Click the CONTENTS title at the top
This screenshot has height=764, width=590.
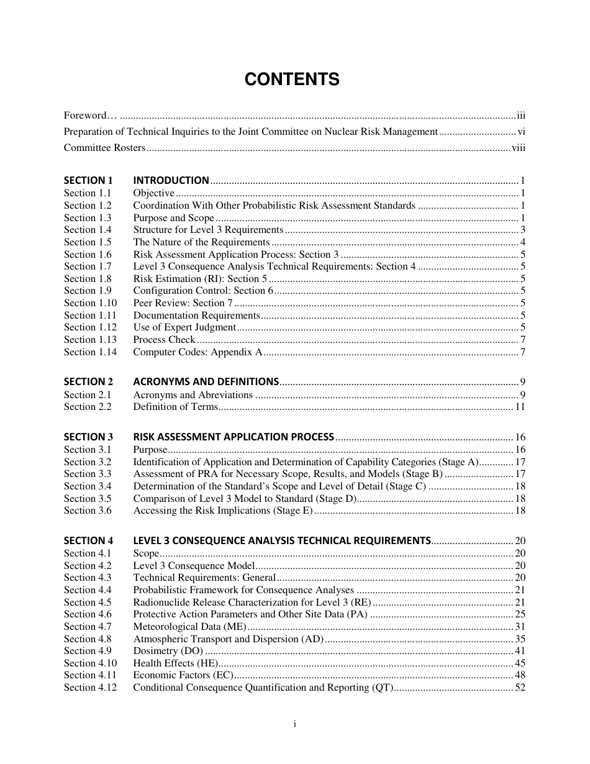point(292,80)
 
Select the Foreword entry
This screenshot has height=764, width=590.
point(85,115)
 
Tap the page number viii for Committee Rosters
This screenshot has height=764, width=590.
point(518,148)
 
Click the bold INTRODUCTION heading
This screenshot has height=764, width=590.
point(171,181)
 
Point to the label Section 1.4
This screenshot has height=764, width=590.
point(88,230)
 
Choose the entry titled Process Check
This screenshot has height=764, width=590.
point(164,340)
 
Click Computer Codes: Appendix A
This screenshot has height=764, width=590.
point(197,352)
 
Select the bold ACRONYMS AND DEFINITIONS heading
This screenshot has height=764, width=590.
point(206,382)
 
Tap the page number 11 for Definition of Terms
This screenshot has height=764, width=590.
point(520,407)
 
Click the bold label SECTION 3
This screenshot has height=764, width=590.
point(88,437)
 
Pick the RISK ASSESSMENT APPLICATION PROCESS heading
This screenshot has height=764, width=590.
point(234,437)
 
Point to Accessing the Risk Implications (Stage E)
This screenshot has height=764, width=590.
point(223,511)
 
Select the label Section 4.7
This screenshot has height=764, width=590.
point(88,627)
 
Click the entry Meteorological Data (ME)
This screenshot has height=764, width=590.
point(190,627)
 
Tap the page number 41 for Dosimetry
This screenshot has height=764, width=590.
point(520,651)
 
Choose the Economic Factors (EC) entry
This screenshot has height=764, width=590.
point(183,675)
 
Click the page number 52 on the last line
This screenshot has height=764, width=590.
point(520,688)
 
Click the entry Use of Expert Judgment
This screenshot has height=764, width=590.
point(184,327)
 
